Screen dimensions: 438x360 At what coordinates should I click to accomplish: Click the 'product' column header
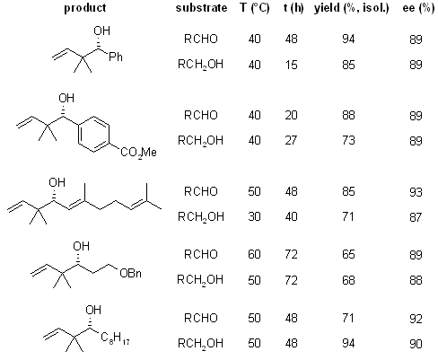85,8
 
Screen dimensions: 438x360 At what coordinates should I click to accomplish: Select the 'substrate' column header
201,8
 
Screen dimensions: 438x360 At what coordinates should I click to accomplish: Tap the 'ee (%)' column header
418,8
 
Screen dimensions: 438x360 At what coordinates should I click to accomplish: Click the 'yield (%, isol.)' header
352,8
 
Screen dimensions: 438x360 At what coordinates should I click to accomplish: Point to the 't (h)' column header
293,8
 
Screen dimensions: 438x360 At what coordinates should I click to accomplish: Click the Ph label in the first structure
116,57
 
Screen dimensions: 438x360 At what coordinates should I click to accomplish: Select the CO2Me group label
138,153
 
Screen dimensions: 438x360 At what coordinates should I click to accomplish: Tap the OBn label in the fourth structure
130,273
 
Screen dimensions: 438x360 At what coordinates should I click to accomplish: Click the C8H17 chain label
115,338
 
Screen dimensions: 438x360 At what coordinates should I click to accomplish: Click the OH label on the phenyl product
101,31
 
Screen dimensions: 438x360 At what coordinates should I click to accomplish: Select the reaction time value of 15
291,65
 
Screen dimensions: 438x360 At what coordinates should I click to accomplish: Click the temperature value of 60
254,254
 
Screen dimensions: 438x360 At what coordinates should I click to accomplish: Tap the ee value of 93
416,192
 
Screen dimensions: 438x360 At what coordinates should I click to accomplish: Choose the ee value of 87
416,217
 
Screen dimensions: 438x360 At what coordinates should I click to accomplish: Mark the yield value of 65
348,254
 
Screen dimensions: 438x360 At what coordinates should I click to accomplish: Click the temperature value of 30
254,216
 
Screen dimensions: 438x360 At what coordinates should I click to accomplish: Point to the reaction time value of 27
291,140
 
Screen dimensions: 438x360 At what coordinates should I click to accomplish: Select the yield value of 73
348,140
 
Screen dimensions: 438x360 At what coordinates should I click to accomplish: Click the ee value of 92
416,319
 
